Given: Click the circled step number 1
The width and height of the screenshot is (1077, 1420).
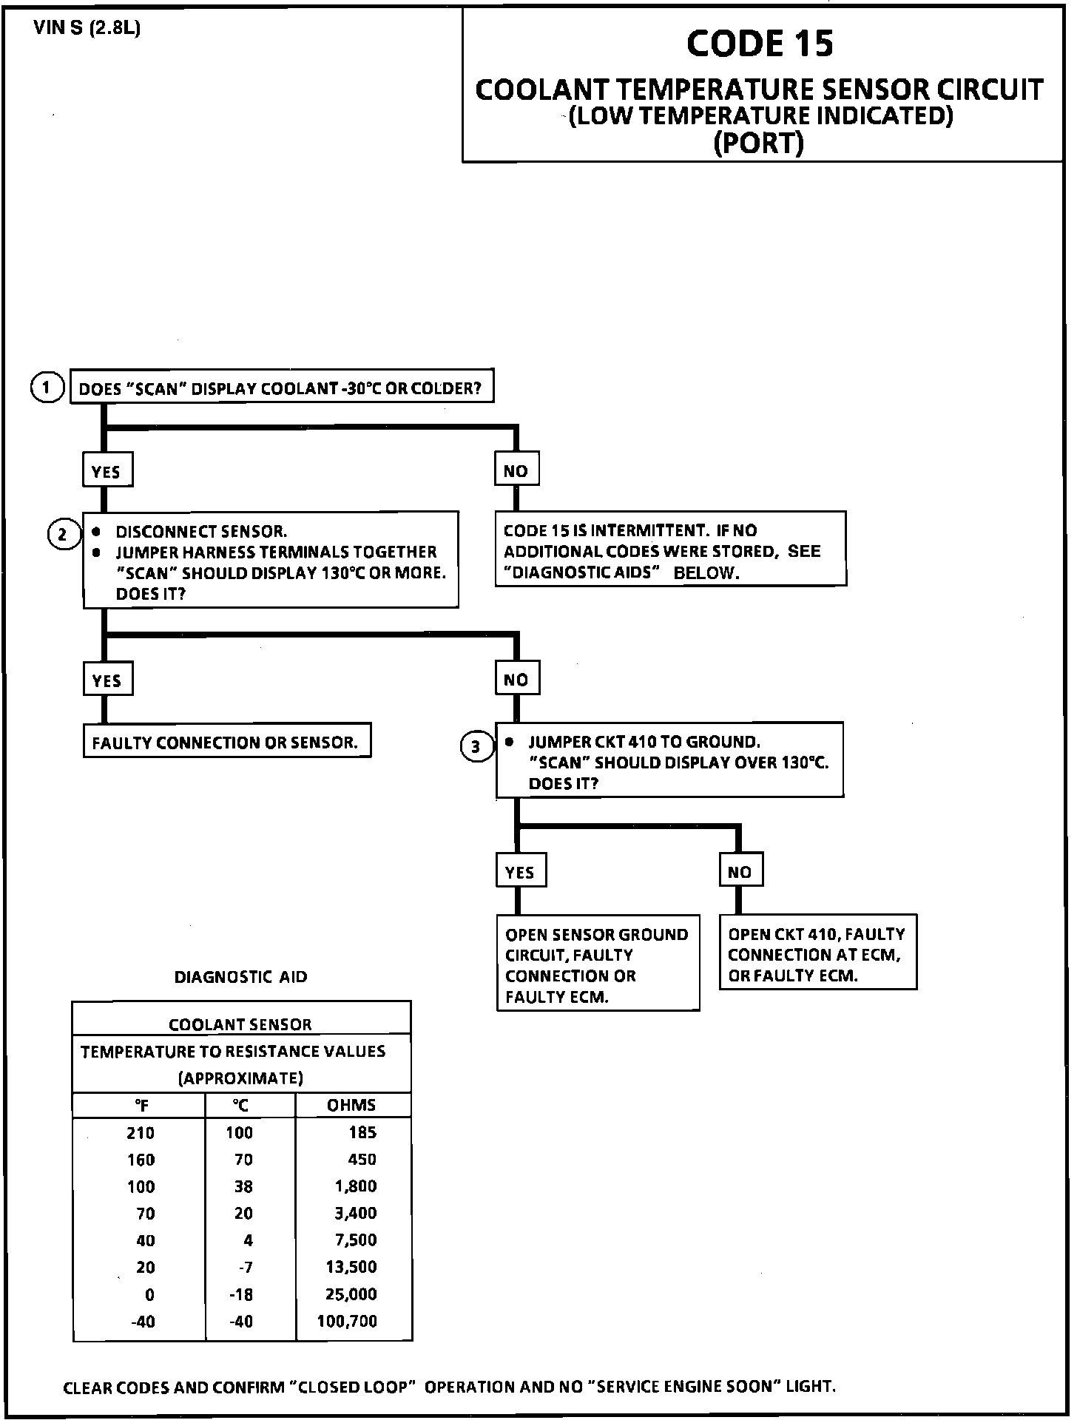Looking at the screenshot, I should (47, 388).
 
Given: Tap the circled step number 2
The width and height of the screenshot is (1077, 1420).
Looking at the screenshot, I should (63, 534).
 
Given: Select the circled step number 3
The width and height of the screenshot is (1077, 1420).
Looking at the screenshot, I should (476, 746).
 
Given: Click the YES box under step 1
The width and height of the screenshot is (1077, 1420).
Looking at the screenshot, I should (107, 472).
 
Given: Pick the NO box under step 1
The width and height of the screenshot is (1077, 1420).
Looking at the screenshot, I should (516, 471).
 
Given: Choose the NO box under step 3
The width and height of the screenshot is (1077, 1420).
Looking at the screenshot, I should (740, 872).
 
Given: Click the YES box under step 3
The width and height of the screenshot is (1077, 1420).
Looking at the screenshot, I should (520, 872).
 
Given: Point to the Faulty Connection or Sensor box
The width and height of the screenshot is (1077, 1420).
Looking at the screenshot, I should (226, 743).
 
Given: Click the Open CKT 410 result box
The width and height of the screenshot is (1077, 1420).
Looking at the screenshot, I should (817, 954).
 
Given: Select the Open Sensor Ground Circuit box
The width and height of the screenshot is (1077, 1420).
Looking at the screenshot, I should (598, 965).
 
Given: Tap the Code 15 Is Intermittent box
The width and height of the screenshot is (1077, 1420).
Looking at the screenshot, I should (669, 551).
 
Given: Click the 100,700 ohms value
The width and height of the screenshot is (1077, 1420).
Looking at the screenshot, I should (347, 1321).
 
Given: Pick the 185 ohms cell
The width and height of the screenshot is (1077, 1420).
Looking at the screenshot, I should (362, 1132).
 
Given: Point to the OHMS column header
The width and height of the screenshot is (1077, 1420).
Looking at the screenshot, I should (352, 1105).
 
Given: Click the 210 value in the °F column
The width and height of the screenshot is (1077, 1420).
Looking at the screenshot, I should (141, 1132).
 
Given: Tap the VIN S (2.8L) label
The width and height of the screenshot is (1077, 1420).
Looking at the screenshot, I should (87, 29).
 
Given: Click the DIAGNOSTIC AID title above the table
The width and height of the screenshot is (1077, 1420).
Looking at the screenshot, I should (240, 977).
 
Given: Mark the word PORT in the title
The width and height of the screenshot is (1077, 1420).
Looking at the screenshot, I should (760, 142).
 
